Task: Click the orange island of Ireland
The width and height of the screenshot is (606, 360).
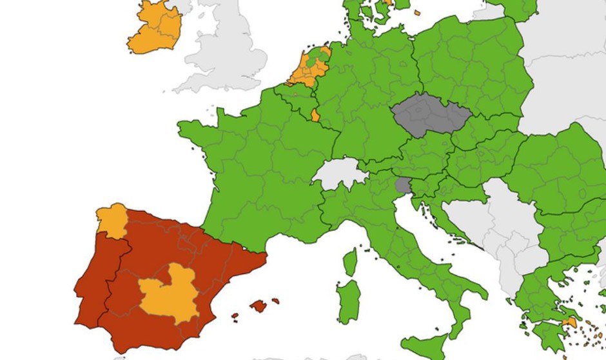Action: pos(155,29)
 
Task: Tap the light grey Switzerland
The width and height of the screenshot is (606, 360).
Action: pos(339,175)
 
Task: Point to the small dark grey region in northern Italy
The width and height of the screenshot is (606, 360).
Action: pos(403,186)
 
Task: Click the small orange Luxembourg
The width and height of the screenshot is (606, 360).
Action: pos(315,115)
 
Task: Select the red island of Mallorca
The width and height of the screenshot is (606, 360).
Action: pos(259,305)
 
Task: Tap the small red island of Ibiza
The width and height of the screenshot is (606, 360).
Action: pos(235,316)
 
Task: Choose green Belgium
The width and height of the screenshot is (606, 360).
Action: pos(293,97)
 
